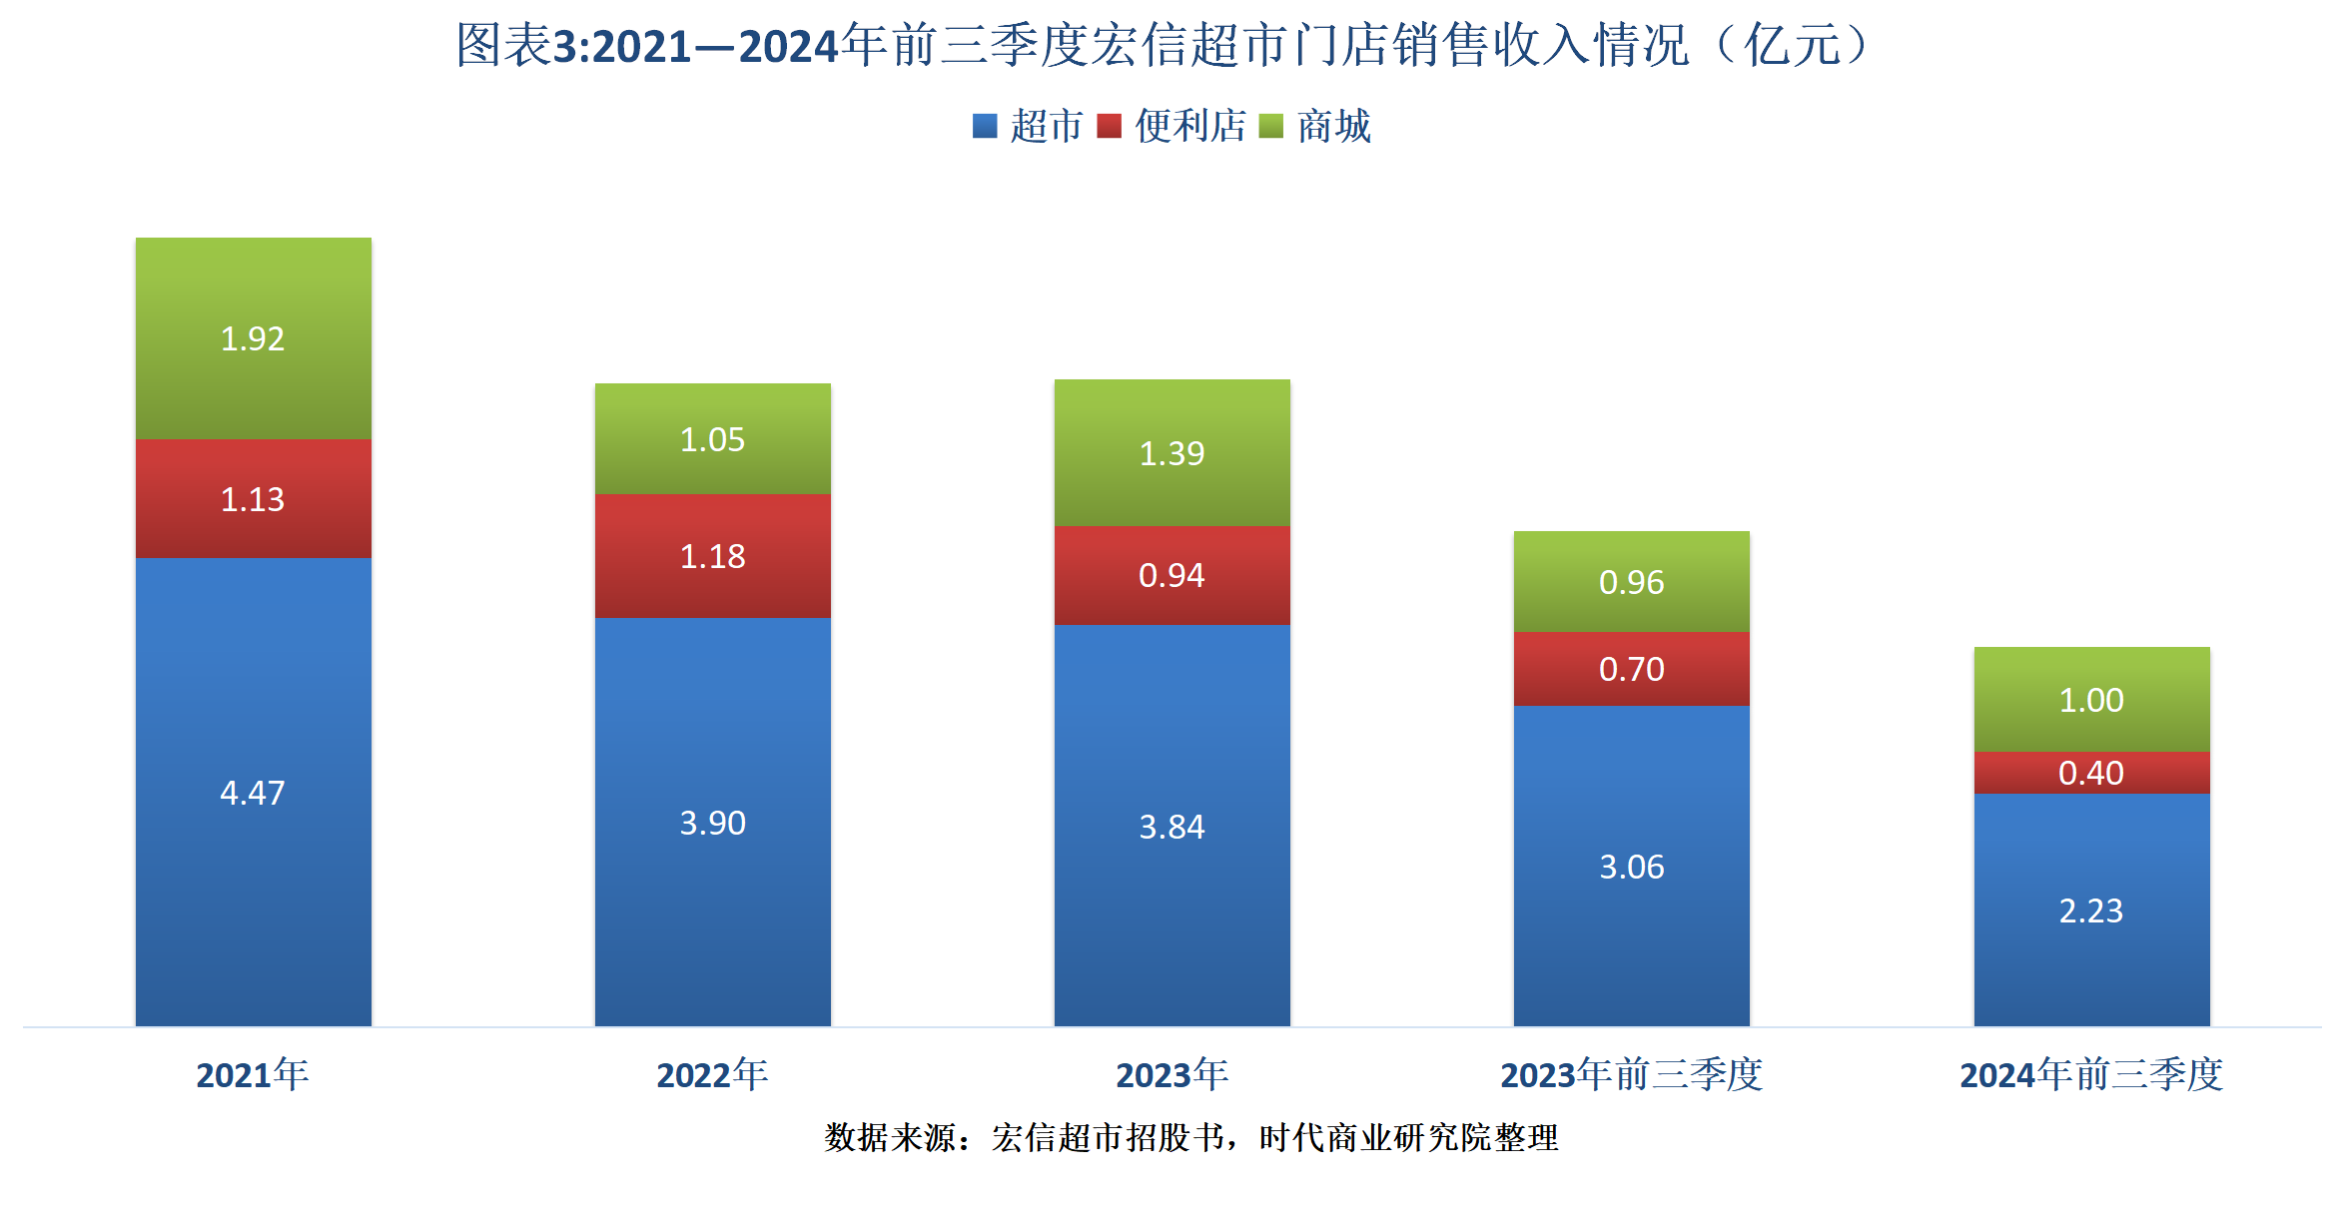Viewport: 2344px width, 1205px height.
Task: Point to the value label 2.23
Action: [2090, 910]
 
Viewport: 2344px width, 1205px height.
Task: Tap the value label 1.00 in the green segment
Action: [2090, 700]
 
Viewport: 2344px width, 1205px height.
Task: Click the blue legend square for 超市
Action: [985, 127]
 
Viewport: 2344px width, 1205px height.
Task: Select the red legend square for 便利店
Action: [1109, 127]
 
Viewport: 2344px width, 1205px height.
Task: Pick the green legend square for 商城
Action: [1270, 127]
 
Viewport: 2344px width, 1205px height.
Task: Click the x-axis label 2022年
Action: [712, 1075]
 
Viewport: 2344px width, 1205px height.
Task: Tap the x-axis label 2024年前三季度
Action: [2090, 1075]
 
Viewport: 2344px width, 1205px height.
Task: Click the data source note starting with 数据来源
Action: [1190, 1137]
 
